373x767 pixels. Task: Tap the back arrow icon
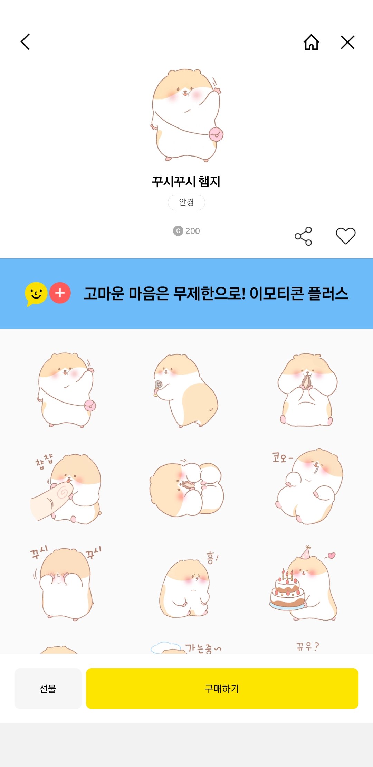(26, 42)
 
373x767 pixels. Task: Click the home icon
(311, 42)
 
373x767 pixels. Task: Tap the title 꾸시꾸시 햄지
(186, 182)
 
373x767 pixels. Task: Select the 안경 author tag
(186, 202)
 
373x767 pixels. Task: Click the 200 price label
(186, 231)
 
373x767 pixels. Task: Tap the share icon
(303, 236)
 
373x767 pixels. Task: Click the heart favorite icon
(345, 236)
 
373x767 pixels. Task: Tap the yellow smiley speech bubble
(36, 294)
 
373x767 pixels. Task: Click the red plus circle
(60, 293)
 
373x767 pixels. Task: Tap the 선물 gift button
(48, 689)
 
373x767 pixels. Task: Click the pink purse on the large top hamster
(216, 134)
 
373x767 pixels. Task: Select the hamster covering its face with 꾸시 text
(66, 584)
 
